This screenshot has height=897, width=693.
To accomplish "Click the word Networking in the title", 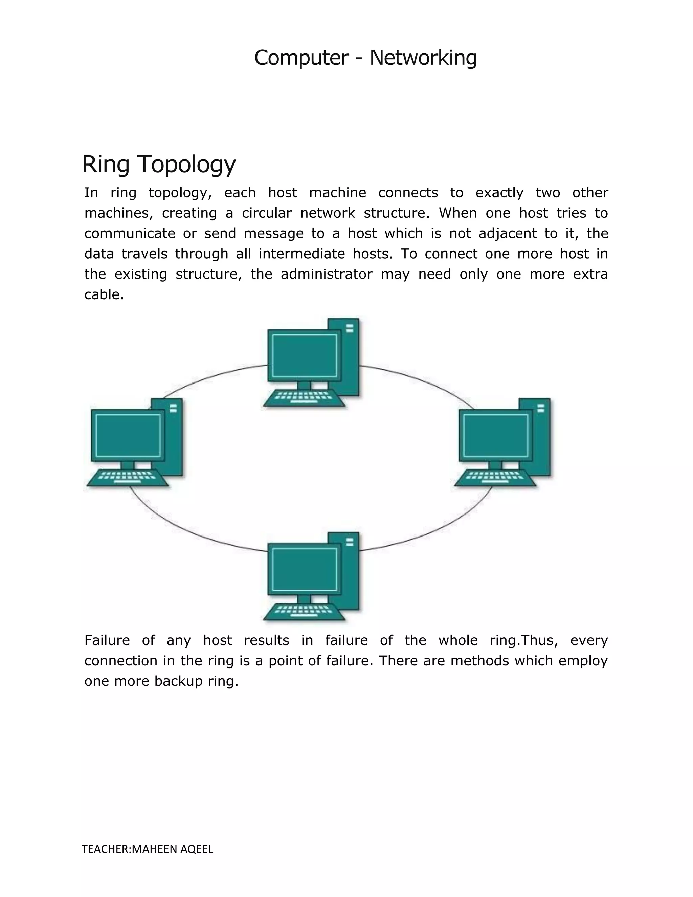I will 423,58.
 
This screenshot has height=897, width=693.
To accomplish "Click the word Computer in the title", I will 301,58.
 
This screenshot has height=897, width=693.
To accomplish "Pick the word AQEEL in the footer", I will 197,849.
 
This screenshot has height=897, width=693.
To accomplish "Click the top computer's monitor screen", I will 304,355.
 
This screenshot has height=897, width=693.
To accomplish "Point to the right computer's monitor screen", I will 495,435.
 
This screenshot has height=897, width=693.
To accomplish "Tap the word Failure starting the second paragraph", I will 107,640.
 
